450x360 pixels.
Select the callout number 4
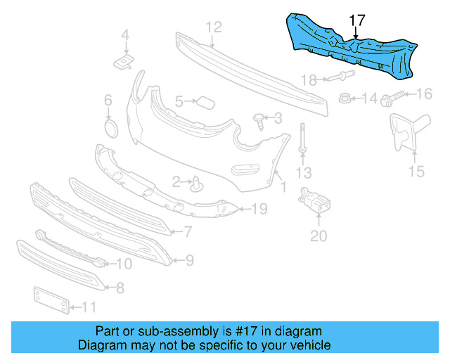pos(125,34)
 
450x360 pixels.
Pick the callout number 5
pos(179,102)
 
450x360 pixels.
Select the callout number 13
pos(303,173)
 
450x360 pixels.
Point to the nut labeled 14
pos(345,98)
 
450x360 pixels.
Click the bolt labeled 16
pos(392,97)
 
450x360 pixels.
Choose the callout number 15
pos(416,171)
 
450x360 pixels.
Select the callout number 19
pos(259,209)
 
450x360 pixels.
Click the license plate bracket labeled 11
pos(50,300)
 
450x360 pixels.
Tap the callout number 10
pos(124,264)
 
